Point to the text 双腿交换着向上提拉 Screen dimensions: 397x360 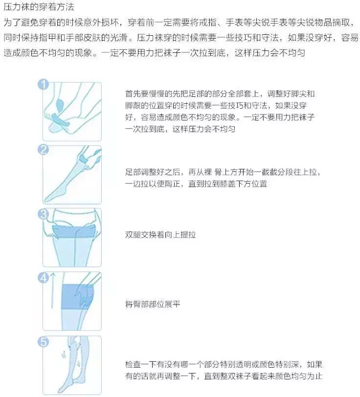160,234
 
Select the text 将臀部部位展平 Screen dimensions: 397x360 153,304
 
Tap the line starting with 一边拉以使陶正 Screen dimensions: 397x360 196,184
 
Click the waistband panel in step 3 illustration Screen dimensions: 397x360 72,229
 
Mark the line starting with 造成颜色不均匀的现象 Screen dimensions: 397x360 154,52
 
